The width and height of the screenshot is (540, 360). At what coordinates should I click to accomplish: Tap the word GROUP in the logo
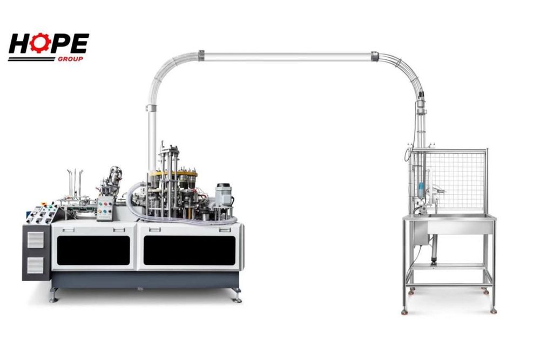pyautogui.click(x=70, y=59)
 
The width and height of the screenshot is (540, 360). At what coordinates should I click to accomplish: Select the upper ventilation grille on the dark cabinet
pyautogui.click(x=36, y=240)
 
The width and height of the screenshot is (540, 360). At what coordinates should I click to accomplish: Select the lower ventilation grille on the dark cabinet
pyautogui.click(x=36, y=266)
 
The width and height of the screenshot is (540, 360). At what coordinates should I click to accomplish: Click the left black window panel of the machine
pyautogui.click(x=93, y=250)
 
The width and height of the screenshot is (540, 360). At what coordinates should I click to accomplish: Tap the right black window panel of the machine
pyautogui.click(x=190, y=250)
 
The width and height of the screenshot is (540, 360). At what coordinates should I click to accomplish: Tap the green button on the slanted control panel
pyautogui.click(x=51, y=207)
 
